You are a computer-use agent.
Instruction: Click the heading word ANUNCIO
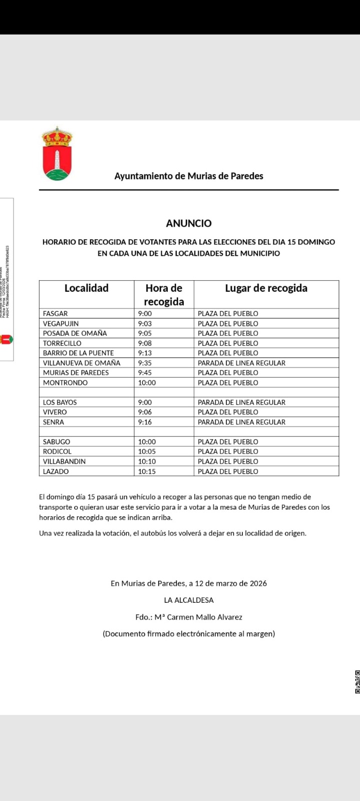(x=189, y=223)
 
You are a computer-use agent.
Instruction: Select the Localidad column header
(x=87, y=288)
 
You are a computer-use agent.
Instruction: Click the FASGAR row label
(x=55, y=313)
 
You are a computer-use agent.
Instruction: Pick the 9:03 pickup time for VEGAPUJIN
(x=145, y=323)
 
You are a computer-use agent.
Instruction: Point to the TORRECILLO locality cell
(x=62, y=343)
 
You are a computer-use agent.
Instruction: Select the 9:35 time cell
(x=145, y=363)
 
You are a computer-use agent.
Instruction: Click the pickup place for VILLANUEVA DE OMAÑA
(x=241, y=363)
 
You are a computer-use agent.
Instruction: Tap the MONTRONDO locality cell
(x=65, y=382)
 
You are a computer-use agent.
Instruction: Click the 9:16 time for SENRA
(x=145, y=422)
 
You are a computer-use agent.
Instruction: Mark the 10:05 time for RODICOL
(x=147, y=452)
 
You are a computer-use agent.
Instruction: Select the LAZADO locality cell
(x=56, y=471)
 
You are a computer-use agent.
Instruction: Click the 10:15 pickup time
(x=147, y=471)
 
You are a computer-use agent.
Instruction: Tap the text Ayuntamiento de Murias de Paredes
(x=189, y=176)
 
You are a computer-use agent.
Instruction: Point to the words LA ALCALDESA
(x=189, y=600)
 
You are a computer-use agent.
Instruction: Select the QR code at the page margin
(x=357, y=682)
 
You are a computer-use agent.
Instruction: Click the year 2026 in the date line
(x=258, y=583)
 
